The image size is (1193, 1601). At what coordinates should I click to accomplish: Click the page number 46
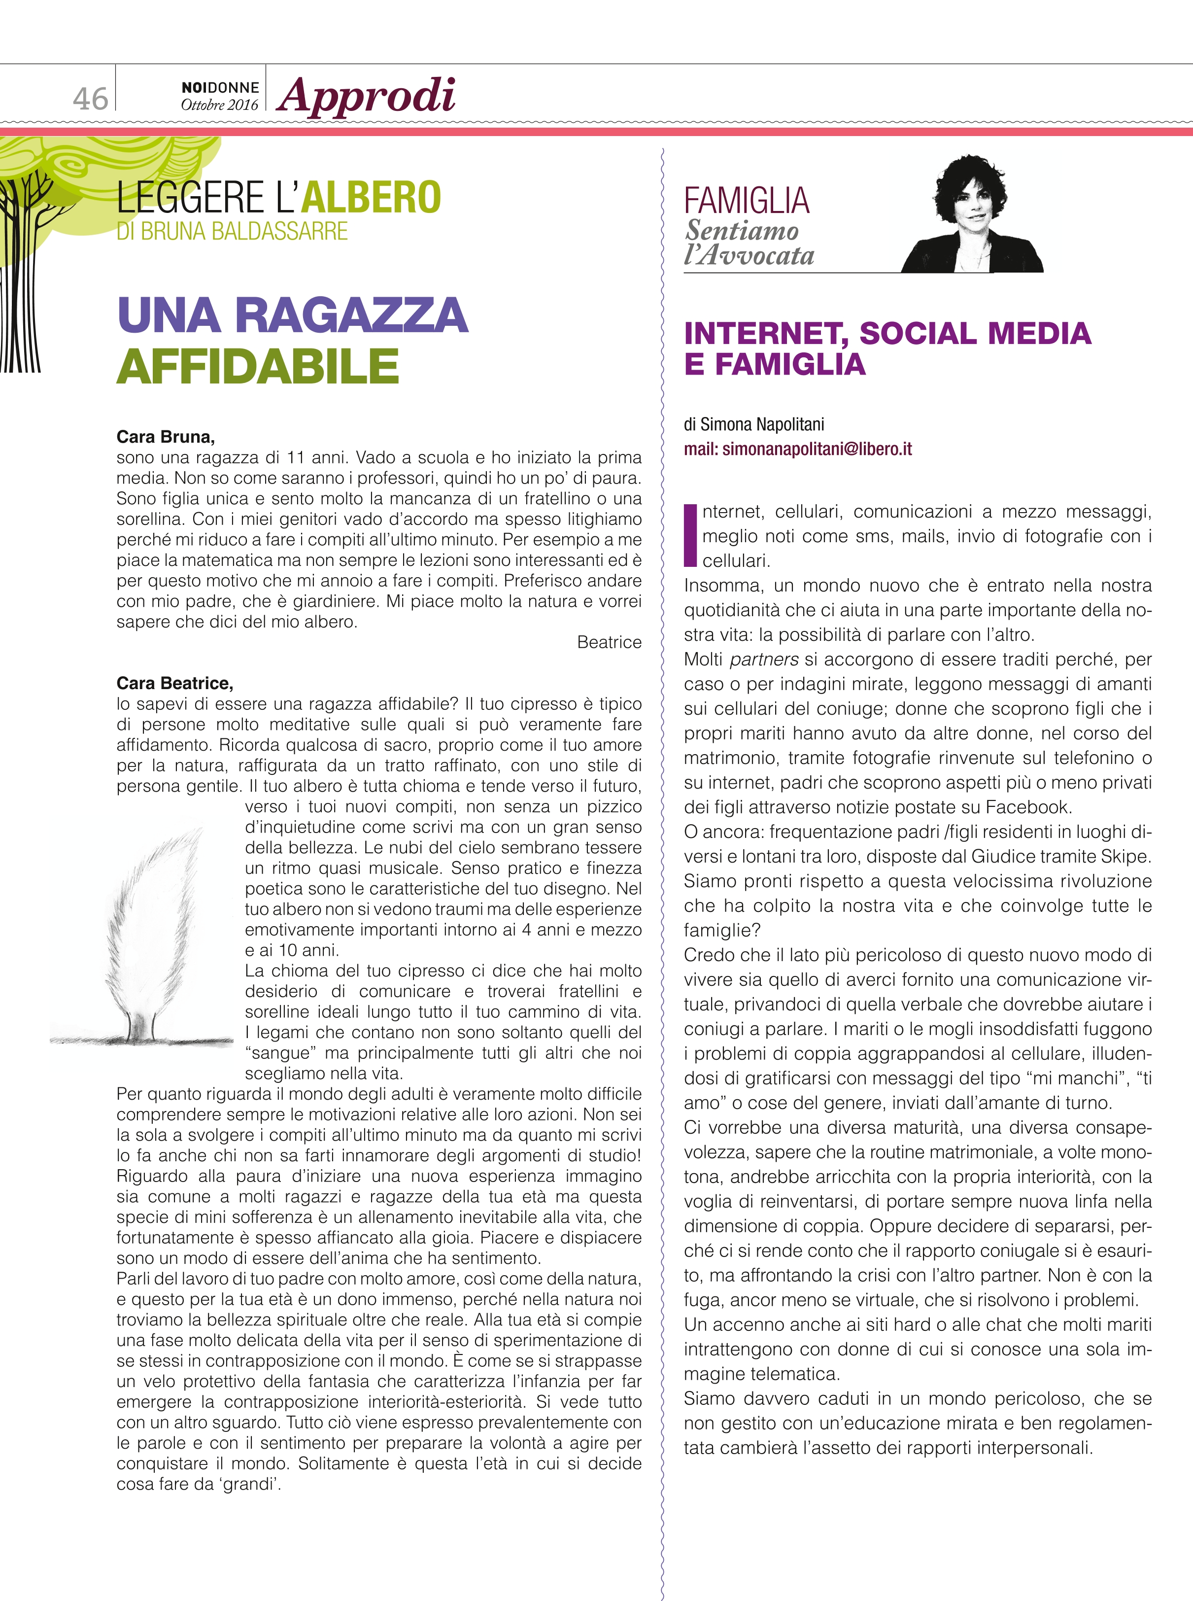pyautogui.click(x=90, y=98)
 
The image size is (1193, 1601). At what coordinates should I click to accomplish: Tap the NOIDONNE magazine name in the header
pyautogui.click(x=220, y=87)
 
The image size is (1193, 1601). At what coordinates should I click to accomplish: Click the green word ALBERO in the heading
pyautogui.click(x=371, y=197)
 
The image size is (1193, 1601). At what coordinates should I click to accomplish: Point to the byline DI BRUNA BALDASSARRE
pyautogui.click(x=232, y=231)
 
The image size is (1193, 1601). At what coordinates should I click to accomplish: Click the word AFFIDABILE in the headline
pyautogui.click(x=258, y=366)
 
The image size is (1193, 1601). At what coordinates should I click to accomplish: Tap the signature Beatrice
pyautogui.click(x=609, y=642)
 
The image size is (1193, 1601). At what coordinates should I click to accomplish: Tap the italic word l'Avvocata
pyautogui.click(x=749, y=255)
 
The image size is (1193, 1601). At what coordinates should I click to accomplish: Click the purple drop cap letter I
pyautogui.click(x=690, y=535)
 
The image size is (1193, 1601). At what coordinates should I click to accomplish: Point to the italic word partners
pyautogui.click(x=764, y=659)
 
